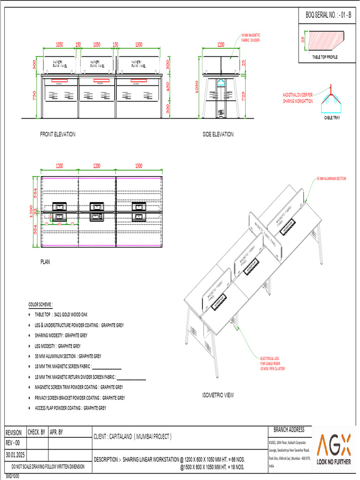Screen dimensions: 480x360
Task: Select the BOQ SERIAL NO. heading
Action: pyautogui.click(x=328, y=15)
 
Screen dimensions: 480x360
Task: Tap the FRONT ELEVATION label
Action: pyautogui.click(x=57, y=135)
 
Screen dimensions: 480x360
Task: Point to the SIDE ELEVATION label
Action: pyautogui.click(x=217, y=135)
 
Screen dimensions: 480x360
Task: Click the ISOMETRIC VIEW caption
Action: pyautogui.click(x=217, y=395)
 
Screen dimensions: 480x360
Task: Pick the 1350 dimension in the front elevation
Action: pyautogui.click(x=139, y=45)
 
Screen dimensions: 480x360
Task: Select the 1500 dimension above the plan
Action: pyautogui.click(x=139, y=166)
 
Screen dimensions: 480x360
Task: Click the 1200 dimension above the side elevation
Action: pyautogui.click(x=220, y=45)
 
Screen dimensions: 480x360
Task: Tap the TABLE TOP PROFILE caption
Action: pyautogui.click(x=325, y=57)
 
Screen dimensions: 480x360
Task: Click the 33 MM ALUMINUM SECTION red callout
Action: pyautogui.click(x=331, y=179)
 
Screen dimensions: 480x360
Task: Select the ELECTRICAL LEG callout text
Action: pyautogui.click(x=272, y=364)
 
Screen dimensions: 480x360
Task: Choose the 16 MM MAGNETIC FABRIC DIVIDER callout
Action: pyautogui.click(x=250, y=38)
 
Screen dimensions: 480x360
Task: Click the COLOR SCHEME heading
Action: pyautogui.click(x=41, y=304)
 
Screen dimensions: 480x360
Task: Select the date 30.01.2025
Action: pyautogui.click(x=15, y=455)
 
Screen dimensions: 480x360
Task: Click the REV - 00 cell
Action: pyautogui.click(x=13, y=443)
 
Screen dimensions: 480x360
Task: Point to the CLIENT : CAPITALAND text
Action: pyautogui.click(x=133, y=437)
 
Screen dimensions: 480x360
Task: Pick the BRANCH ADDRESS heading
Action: pyautogui.click(x=289, y=430)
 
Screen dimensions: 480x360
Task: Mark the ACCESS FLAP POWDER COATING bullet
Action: pyautogui.click(x=70, y=408)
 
